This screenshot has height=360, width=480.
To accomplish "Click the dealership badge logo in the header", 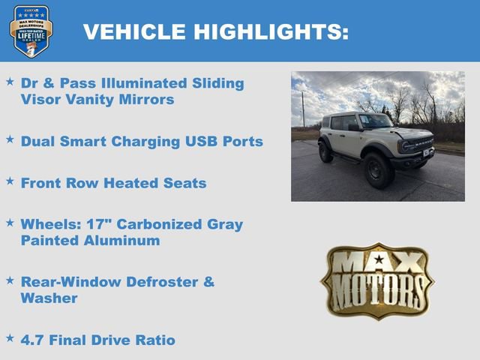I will [31, 31].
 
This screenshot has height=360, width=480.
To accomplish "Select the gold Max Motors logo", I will [377, 281].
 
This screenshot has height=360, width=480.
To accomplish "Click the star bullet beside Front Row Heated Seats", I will [10, 181].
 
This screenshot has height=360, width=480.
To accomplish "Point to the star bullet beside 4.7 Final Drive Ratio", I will [10, 338].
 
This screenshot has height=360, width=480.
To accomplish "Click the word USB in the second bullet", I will [198, 141].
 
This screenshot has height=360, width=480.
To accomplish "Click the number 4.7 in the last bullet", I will [33, 340].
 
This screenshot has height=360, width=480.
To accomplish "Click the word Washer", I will [49, 298].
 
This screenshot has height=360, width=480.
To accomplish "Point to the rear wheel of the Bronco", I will [326, 152].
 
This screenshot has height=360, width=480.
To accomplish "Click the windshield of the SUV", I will [375, 121].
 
